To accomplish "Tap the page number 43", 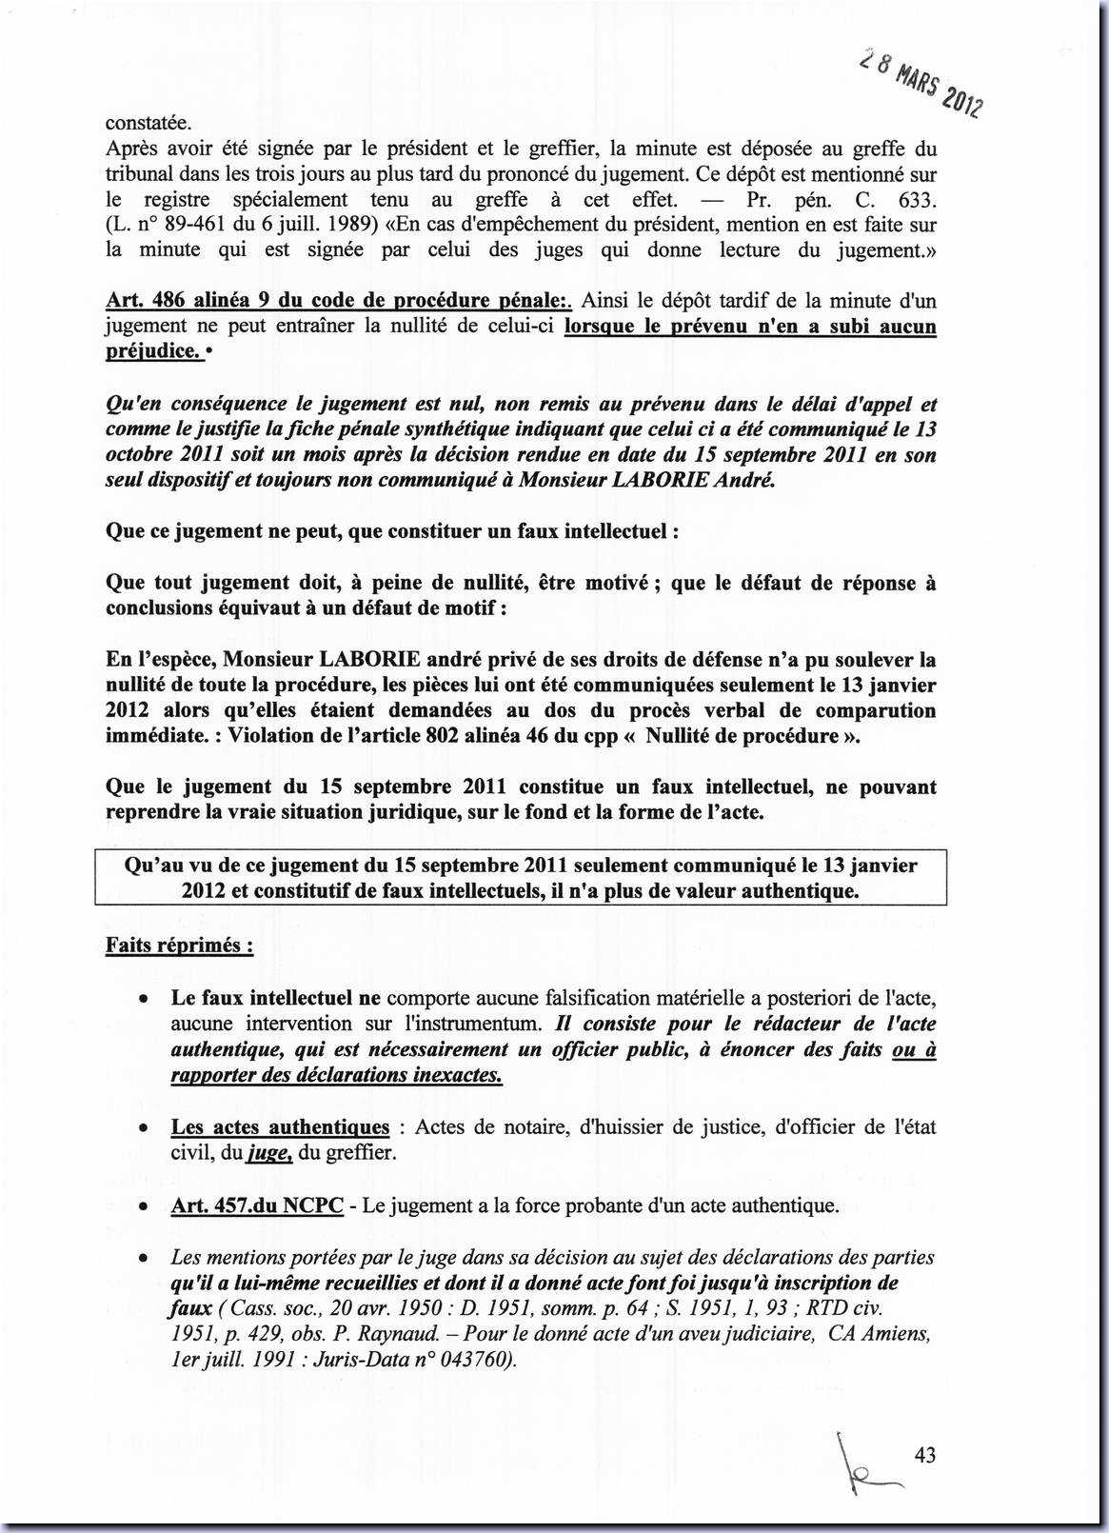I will (x=924, y=1454).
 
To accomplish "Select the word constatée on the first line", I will (x=149, y=123).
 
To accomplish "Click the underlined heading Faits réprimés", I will (x=179, y=946).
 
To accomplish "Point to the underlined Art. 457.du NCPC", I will (x=257, y=1205).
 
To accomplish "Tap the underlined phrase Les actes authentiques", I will (x=280, y=1127).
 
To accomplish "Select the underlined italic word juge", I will (x=268, y=1153).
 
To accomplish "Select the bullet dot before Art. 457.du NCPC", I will (x=143, y=1206).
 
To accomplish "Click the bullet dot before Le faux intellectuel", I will (x=143, y=999).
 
